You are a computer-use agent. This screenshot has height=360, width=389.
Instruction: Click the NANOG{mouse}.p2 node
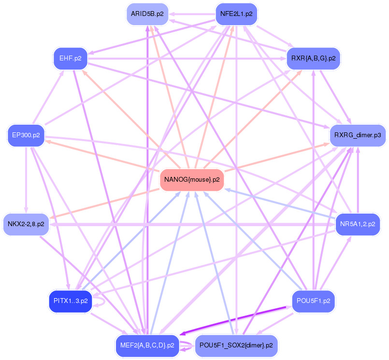192,180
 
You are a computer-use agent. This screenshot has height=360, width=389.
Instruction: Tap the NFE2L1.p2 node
236,14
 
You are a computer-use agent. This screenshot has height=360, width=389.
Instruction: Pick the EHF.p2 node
70,58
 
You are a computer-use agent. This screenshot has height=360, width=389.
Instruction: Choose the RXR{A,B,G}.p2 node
314,58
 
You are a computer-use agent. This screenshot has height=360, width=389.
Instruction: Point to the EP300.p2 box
26,135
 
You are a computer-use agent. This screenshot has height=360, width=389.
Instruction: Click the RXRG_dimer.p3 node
358,135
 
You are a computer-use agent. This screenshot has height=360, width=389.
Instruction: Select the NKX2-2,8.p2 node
26,224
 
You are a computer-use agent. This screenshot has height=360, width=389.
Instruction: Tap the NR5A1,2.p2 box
358,224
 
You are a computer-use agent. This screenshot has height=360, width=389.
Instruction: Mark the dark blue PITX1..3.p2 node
71,301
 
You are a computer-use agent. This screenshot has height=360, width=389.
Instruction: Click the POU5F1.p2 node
314,301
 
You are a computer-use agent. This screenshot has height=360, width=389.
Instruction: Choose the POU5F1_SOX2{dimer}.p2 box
236,346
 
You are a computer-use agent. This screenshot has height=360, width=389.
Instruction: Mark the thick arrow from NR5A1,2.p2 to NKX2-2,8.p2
193,225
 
